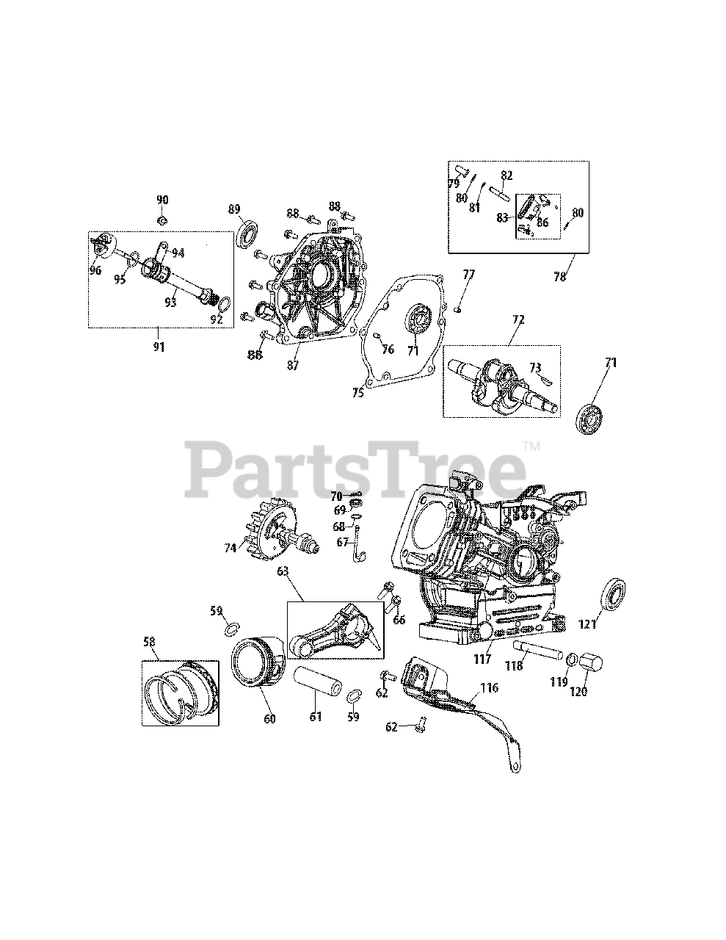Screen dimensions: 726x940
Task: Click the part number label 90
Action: click(x=162, y=200)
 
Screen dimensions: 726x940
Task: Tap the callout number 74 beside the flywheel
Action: click(x=230, y=546)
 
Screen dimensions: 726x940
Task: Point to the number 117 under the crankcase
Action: click(x=482, y=659)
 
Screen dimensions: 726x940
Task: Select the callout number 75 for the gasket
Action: click(x=357, y=393)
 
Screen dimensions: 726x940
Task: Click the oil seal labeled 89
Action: click(x=248, y=233)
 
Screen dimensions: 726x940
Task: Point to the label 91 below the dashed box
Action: click(x=159, y=347)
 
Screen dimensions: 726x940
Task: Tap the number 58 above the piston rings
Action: click(x=150, y=642)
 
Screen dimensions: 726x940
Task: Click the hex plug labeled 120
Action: click(x=590, y=662)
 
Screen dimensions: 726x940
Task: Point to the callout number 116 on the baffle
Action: click(x=488, y=688)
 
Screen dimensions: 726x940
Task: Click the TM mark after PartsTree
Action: click(x=531, y=446)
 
